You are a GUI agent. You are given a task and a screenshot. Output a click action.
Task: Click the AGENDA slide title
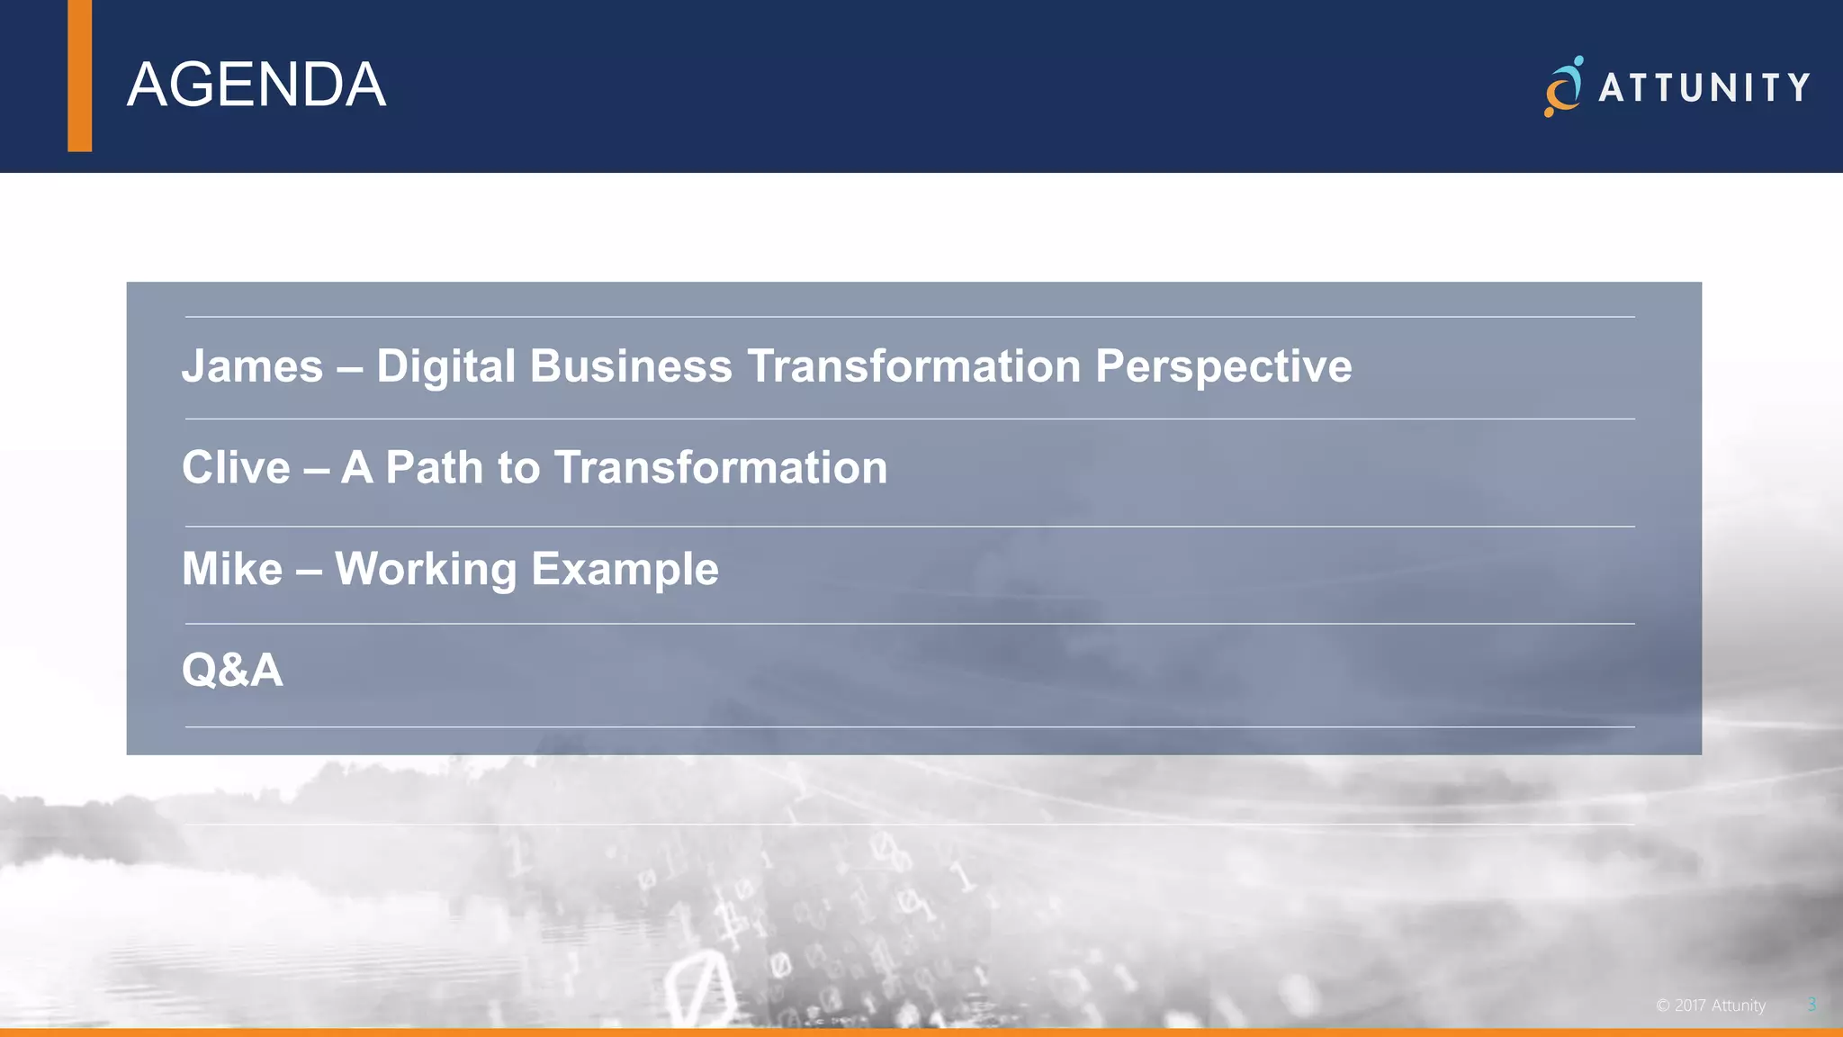[x=256, y=86]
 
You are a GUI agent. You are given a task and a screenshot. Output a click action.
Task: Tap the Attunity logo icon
[x=1564, y=87]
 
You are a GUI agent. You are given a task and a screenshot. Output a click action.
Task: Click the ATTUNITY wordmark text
[x=1704, y=88]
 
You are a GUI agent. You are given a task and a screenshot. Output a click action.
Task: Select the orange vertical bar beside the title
[x=79, y=76]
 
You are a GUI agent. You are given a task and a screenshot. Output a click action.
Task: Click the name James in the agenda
[x=252, y=366]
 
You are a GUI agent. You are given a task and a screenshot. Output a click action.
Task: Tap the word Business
[x=631, y=366]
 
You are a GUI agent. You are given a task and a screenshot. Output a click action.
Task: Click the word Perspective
[x=1223, y=366]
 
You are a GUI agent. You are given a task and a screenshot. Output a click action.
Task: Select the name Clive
[x=236, y=468]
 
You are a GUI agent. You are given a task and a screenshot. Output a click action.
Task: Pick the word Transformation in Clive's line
[x=720, y=468]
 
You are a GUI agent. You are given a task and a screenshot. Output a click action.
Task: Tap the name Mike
[x=232, y=569]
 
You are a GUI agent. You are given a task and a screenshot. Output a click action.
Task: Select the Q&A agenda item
[x=232, y=671]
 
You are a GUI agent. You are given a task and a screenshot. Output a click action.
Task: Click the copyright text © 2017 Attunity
[x=1711, y=1005]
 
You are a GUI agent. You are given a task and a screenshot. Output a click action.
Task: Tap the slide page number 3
[x=1812, y=1005]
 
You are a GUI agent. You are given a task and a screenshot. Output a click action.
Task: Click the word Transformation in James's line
[x=913, y=366]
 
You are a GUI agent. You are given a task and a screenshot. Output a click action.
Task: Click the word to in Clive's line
[x=518, y=468]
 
